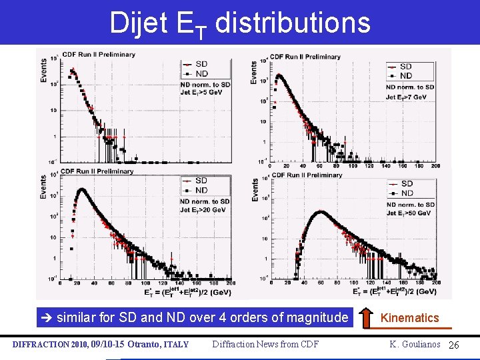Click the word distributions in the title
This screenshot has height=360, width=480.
[293, 23]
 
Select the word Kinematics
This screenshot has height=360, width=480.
[409, 318]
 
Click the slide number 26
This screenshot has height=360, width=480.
[455, 345]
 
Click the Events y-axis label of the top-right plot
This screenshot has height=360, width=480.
[254, 72]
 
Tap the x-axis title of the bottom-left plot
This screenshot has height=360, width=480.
[187, 292]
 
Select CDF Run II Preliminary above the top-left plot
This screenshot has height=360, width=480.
[99, 55]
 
